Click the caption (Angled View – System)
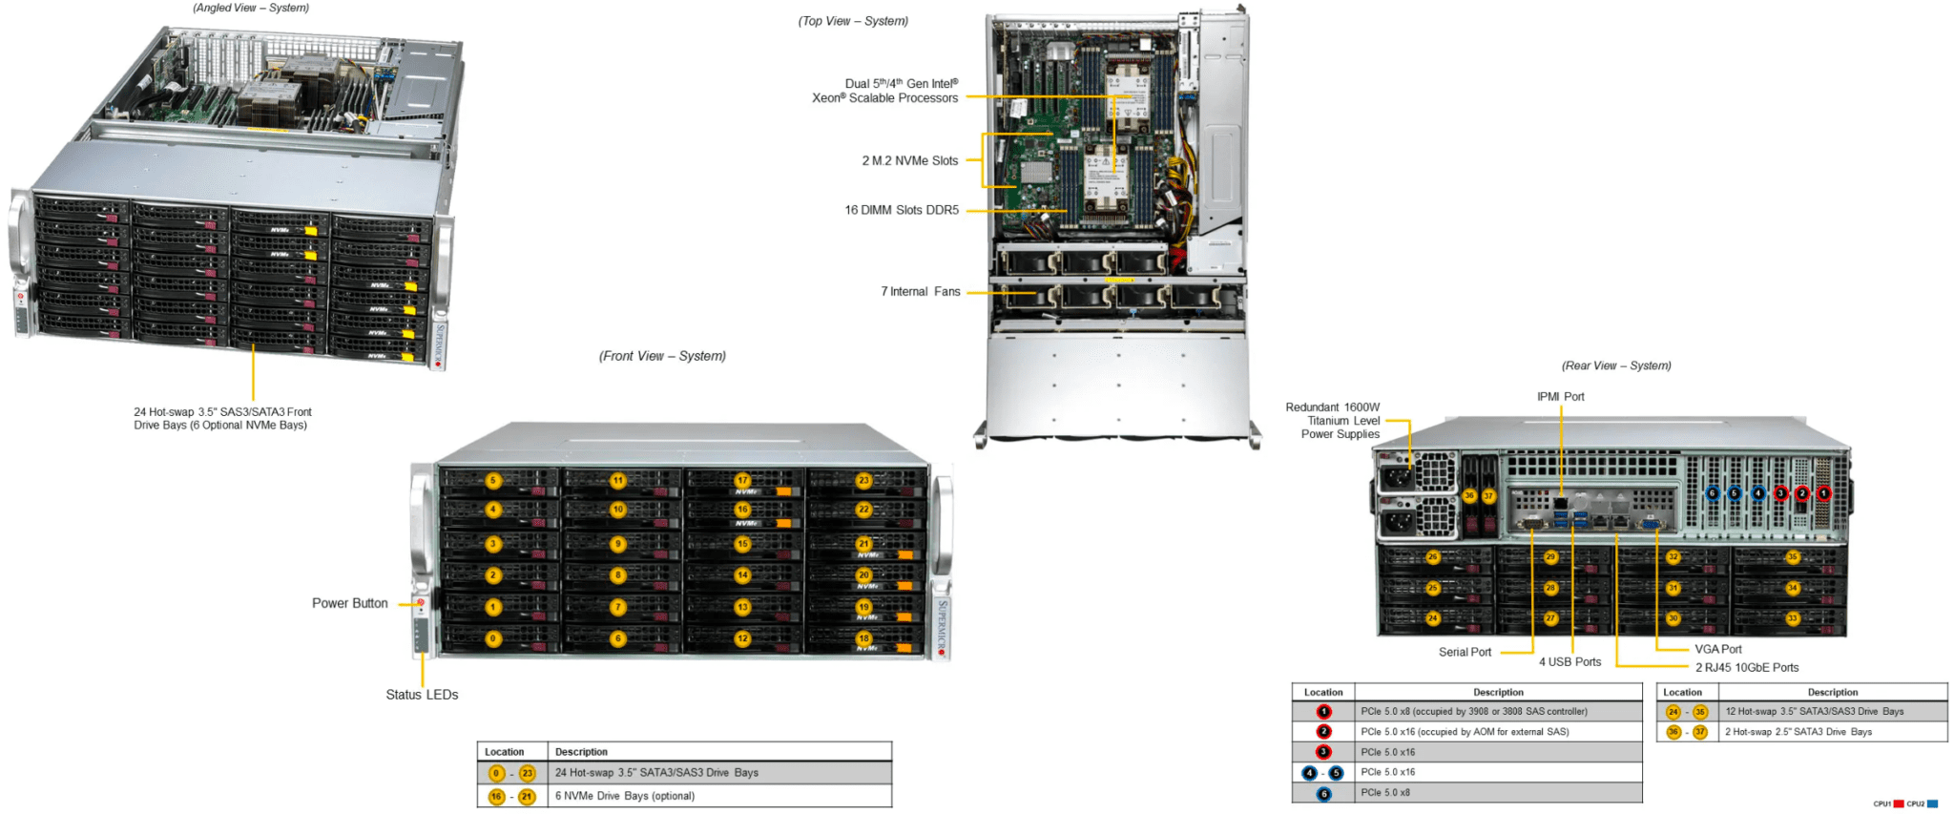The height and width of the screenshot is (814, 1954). (251, 8)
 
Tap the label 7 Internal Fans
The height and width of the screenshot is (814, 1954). (920, 292)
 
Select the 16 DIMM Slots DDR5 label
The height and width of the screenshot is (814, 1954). (901, 210)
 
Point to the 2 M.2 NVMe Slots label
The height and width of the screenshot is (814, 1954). (909, 161)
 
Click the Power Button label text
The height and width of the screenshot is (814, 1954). (349, 603)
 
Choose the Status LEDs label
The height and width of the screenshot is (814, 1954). (422, 695)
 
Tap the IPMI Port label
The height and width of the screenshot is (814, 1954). (1560, 397)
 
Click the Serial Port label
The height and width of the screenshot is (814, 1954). (1465, 652)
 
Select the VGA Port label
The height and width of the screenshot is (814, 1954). (1717, 649)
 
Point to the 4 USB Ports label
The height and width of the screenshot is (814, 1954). (1569, 662)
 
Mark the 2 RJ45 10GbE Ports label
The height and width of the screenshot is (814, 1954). (1746, 668)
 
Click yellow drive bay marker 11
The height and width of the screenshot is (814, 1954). (618, 481)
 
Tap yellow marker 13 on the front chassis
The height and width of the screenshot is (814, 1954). (742, 607)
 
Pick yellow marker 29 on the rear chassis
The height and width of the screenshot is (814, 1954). (1550, 557)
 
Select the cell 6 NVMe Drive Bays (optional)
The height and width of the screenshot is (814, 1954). (625, 796)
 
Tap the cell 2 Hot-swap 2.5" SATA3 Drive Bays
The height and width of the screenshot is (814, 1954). (1798, 732)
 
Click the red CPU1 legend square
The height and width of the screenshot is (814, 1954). (1899, 804)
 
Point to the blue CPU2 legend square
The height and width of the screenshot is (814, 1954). (1932, 804)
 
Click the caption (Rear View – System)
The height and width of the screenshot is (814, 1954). (1616, 365)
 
